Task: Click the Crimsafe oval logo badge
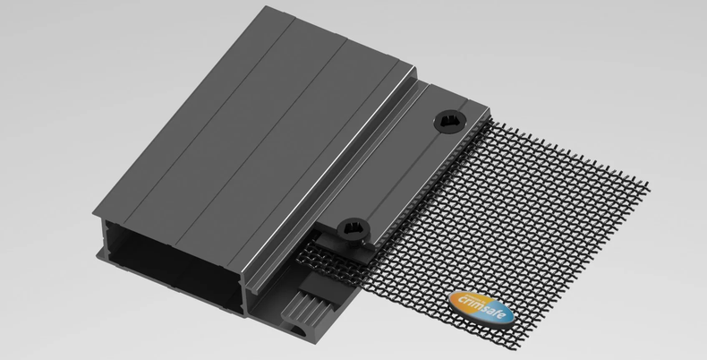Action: (481, 308)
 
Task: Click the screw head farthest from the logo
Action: (450, 122)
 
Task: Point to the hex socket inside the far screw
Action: (449, 121)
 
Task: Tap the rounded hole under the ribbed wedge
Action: (298, 331)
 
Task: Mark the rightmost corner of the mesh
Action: (649, 186)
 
